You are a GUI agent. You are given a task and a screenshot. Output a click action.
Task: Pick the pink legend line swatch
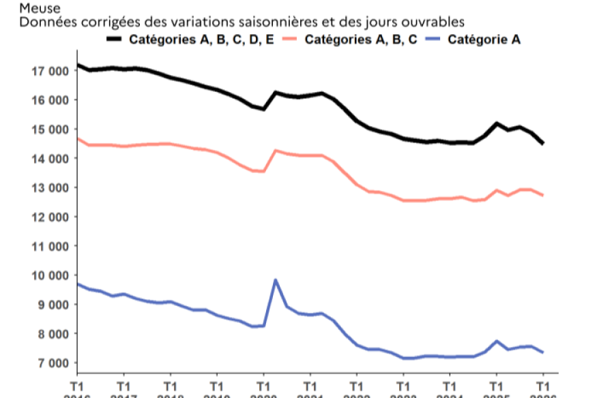point(289,40)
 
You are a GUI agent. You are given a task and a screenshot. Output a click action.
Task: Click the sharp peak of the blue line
point(275,279)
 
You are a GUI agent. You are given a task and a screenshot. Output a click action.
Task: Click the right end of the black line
point(543,143)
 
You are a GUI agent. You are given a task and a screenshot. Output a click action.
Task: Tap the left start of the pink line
point(77,138)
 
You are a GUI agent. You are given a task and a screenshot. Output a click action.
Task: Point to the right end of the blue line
point(543,352)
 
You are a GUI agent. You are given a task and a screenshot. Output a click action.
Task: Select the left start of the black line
point(77,65)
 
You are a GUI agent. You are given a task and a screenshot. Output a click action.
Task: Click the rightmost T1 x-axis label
point(543,384)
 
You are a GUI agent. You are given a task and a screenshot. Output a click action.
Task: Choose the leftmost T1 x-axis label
point(76,384)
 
